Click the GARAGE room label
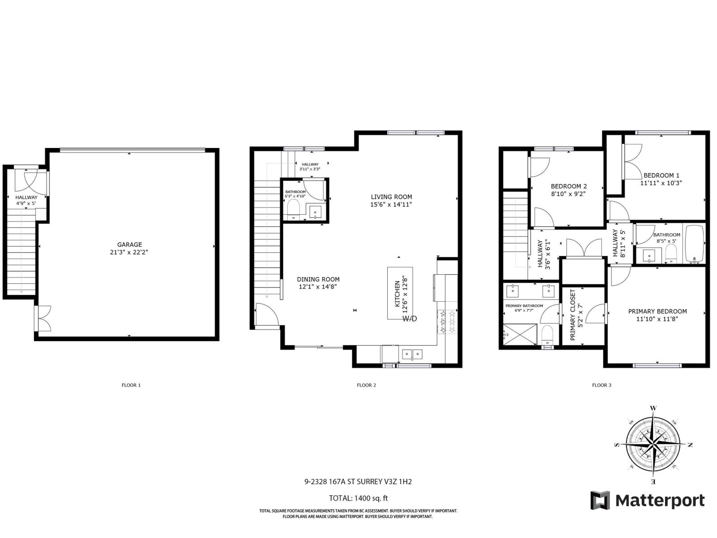click(x=130, y=244)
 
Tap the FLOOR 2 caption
click(x=366, y=385)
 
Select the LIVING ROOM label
click(x=391, y=197)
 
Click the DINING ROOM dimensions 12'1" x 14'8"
click(x=318, y=287)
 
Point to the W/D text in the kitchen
click(x=410, y=319)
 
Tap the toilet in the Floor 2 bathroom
click(x=293, y=209)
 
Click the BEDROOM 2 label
click(x=569, y=187)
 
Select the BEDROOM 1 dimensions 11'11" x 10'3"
click(x=661, y=183)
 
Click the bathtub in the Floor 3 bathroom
click(x=695, y=244)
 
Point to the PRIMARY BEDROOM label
click(x=657, y=312)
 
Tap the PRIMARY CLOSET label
click(x=573, y=315)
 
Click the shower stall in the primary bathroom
click(x=519, y=334)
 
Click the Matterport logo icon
click(x=600, y=500)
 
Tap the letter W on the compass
click(x=653, y=408)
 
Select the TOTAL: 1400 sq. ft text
click(x=358, y=498)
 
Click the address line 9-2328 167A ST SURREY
click(x=358, y=482)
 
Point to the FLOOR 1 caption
click(x=131, y=385)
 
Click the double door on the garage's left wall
click(x=43, y=318)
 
